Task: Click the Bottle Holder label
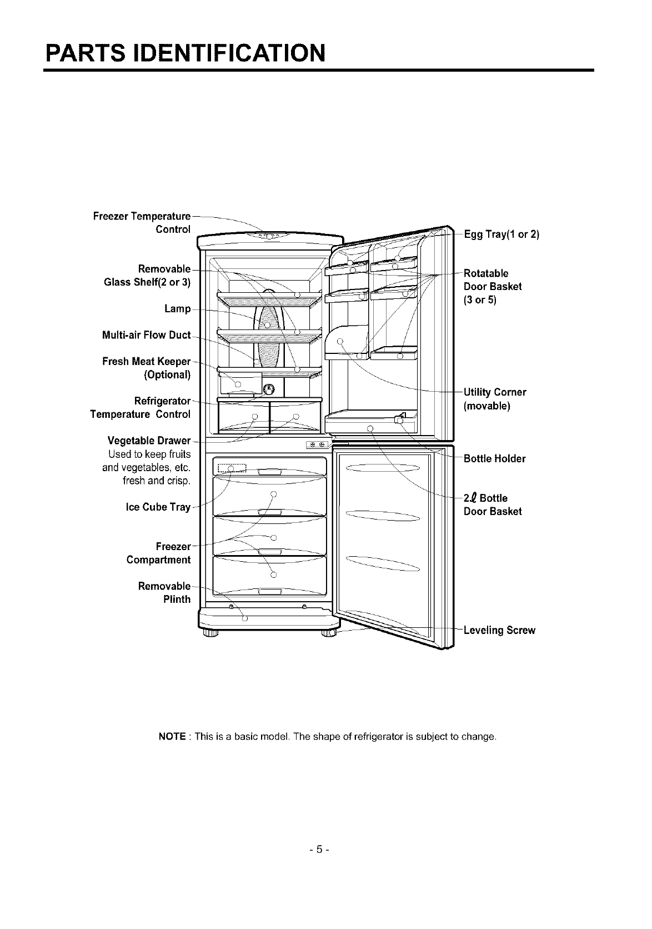pyautogui.click(x=494, y=459)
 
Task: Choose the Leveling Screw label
pyautogui.click(x=499, y=631)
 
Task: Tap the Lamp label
pyautogui.click(x=178, y=309)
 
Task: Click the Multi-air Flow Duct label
pyautogui.click(x=147, y=335)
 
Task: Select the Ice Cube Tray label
pyautogui.click(x=158, y=507)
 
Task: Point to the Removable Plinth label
pyautogui.click(x=165, y=593)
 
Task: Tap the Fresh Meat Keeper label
pyautogui.click(x=147, y=362)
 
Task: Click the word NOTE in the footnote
pyautogui.click(x=172, y=737)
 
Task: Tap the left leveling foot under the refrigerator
pyautogui.click(x=209, y=633)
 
